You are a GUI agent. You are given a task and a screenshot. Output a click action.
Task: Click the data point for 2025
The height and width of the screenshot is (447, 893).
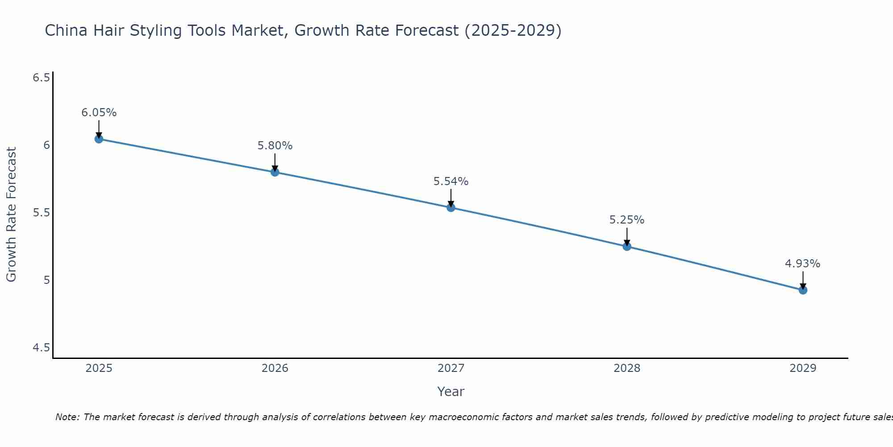pyautogui.click(x=99, y=139)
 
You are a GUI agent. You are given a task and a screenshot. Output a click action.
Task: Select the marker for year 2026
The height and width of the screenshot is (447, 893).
pyautogui.click(x=275, y=172)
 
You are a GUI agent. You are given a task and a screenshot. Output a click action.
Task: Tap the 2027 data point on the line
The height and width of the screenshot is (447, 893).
pyautogui.click(x=451, y=207)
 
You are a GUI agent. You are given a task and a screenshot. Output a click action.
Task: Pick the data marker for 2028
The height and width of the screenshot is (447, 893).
pyautogui.click(x=626, y=246)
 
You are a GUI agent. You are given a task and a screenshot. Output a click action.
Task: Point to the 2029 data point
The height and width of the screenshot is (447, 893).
pyautogui.click(x=802, y=290)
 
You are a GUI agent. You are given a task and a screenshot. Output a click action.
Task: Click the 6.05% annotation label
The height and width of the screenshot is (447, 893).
pyautogui.click(x=99, y=113)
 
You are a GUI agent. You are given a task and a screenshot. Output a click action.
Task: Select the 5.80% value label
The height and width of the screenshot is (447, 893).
pyautogui.click(x=275, y=146)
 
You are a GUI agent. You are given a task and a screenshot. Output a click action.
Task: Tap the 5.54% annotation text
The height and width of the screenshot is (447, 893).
pyautogui.click(x=451, y=181)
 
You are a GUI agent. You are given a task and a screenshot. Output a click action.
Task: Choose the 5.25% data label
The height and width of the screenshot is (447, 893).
pyautogui.click(x=626, y=220)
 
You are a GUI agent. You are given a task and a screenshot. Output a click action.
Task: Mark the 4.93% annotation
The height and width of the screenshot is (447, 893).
pyautogui.click(x=802, y=264)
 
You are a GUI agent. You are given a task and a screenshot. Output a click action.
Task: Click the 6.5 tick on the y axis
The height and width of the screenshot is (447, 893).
pyautogui.click(x=41, y=78)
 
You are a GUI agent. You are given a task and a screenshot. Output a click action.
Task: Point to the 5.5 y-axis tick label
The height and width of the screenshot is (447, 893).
pyautogui.click(x=41, y=213)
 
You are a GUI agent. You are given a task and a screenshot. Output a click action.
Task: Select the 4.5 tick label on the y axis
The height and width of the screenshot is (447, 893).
pyautogui.click(x=41, y=348)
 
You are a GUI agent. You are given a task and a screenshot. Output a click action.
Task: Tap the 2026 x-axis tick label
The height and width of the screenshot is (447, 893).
pyautogui.click(x=275, y=368)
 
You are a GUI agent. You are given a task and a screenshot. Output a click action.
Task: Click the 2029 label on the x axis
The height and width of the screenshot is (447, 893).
pyautogui.click(x=802, y=368)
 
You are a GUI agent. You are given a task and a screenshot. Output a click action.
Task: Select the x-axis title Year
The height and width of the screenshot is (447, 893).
pyautogui.click(x=451, y=392)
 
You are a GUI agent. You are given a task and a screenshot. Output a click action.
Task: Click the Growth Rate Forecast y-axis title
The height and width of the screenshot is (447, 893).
pyautogui.click(x=11, y=215)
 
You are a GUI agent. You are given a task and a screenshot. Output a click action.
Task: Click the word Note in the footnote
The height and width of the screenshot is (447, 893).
pyautogui.click(x=67, y=417)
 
